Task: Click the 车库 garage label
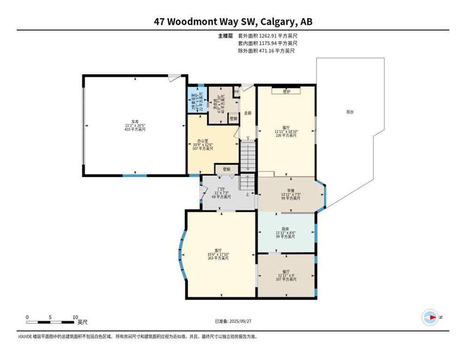point(135,121)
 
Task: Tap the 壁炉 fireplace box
point(286,92)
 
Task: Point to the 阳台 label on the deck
point(350,112)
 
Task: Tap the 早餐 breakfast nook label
point(290,190)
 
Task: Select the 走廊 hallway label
point(248,113)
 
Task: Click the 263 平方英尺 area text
point(218,258)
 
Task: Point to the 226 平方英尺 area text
point(286,135)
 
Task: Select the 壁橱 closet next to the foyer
point(226,169)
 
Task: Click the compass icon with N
point(430,317)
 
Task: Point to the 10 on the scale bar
point(75,317)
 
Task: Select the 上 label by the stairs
point(247,194)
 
